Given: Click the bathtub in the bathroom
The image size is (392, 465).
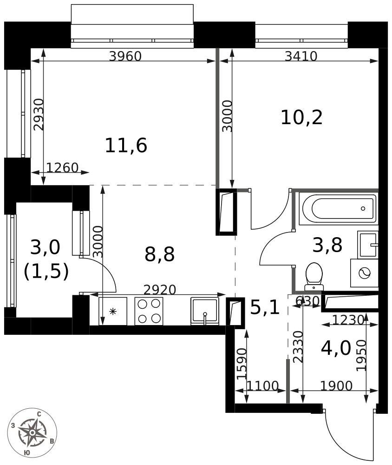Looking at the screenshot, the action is [338, 208].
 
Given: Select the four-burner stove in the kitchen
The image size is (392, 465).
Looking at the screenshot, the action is [149, 311].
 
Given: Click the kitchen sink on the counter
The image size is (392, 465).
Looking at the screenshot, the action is [205, 311].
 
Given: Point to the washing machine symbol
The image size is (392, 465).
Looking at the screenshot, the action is [364, 273].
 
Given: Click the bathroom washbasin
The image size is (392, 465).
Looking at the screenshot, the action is [368, 245].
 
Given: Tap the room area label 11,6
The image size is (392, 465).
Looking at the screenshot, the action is [126, 145].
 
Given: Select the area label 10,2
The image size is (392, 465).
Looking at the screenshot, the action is [301, 118].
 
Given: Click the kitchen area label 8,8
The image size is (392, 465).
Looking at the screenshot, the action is [159, 254].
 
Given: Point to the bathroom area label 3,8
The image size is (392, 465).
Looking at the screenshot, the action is [327, 245].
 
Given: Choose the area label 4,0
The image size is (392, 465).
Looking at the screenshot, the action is [336, 348].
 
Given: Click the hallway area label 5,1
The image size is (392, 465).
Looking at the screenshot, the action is [265, 307].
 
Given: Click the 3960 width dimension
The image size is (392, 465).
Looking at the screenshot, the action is [125, 56].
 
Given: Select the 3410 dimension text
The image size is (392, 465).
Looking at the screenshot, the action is [301, 56].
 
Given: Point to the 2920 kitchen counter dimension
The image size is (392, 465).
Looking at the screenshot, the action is [160, 289].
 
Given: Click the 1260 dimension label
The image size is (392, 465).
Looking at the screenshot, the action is [62, 167].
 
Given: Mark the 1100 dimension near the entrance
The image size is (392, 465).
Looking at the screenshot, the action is [262, 386].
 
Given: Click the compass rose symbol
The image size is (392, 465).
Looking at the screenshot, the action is [32, 432].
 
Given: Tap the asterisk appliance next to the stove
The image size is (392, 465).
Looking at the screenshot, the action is [112, 311].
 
